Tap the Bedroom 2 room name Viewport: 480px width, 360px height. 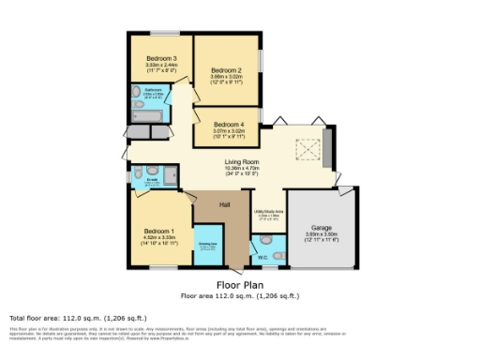pos(226,70)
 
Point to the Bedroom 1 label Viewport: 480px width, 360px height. pos(159,231)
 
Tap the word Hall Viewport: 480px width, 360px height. pos(225,205)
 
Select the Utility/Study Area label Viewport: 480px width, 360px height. pos(269,211)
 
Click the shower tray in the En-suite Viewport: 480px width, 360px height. pos(170,176)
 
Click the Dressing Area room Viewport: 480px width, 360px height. pos(207,247)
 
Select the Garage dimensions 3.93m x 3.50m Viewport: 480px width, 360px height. pos(322,234)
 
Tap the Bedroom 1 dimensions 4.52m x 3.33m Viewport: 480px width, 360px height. pos(159,238)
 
